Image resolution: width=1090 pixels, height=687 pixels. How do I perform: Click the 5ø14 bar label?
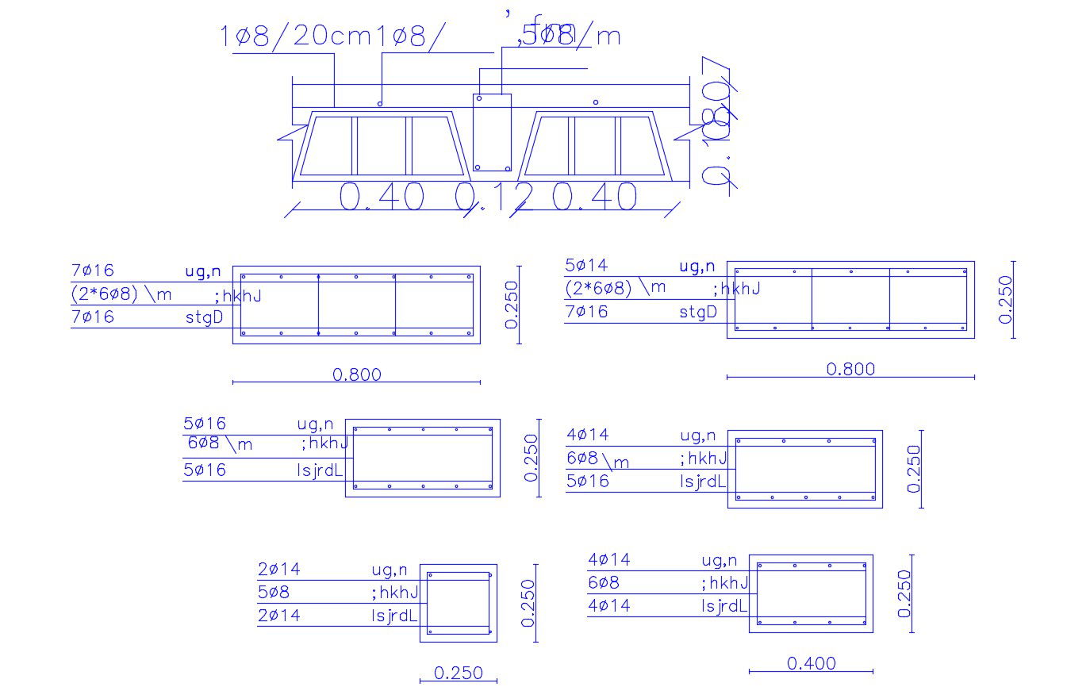[586, 266]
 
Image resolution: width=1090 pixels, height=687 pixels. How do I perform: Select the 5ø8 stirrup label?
[274, 592]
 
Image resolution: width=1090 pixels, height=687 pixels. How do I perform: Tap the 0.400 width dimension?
[811, 663]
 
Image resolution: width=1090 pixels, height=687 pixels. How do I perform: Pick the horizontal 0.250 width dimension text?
[458, 674]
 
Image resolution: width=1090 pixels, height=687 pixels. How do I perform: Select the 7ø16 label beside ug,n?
[93, 271]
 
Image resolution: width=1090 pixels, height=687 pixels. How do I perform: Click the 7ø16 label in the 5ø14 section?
[586, 312]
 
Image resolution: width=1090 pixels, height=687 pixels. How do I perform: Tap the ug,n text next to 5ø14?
[697, 267]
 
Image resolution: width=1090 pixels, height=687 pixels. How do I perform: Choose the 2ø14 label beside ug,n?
[279, 569]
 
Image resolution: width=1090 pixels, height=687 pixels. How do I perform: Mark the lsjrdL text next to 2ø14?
[394, 615]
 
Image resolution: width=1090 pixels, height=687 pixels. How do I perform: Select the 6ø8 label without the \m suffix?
[604, 583]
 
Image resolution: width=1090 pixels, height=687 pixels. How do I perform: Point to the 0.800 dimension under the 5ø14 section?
[850, 369]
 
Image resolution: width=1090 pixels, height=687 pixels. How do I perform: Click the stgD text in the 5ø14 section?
[698, 312]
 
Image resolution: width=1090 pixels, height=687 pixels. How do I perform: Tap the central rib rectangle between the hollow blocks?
[492, 132]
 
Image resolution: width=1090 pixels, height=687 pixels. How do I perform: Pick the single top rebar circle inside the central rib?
[479, 98]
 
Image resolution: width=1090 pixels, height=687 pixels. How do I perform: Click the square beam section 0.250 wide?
[459, 603]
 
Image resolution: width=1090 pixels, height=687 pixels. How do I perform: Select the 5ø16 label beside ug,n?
[205, 424]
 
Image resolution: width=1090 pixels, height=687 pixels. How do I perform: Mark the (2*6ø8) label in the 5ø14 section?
[599, 289]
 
